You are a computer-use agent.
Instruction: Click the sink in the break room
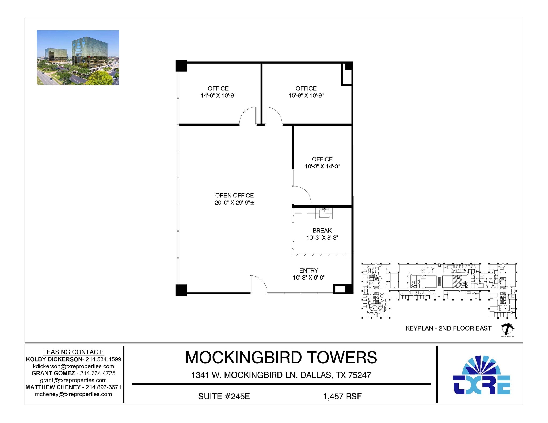324,213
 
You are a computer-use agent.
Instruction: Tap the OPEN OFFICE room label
234,196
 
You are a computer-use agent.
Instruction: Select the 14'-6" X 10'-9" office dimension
218,95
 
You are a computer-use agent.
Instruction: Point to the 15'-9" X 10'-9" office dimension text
306,95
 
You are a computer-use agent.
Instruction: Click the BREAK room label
322,231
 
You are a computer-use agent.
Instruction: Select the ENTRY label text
309,270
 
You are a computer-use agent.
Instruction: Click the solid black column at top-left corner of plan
181,66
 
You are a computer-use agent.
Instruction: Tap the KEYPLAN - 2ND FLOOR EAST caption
448,328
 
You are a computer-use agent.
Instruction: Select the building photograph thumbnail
78,57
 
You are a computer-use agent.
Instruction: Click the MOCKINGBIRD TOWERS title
281,357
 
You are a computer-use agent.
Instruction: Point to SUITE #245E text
224,396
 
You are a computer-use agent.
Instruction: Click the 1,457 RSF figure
342,396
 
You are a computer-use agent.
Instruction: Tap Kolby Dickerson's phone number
103,359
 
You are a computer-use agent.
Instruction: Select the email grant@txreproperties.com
73,380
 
